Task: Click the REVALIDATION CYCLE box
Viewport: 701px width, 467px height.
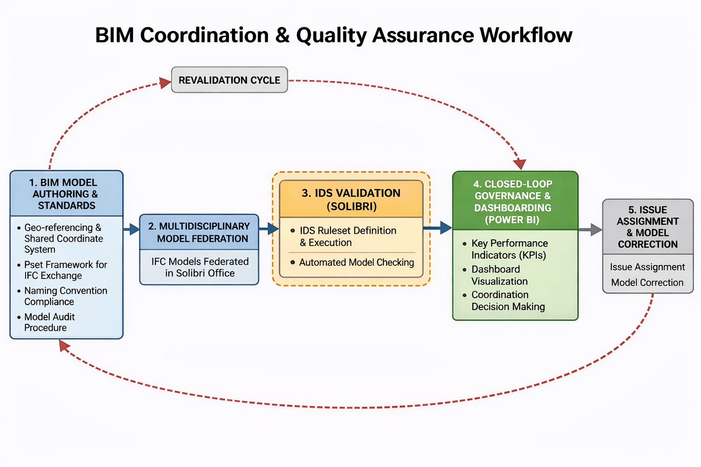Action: tap(229, 80)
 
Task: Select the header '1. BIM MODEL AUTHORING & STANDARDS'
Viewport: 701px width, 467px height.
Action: tap(66, 194)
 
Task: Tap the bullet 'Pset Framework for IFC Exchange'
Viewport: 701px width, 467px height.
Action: tap(66, 270)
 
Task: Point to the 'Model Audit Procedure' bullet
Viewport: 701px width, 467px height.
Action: tap(49, 322)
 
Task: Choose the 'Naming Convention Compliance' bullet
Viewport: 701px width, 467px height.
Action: tap(66, 296)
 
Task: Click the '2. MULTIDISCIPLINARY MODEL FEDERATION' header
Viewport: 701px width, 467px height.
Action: tap(199, 232)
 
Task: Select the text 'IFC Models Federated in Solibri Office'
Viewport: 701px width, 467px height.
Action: tap(200, 267)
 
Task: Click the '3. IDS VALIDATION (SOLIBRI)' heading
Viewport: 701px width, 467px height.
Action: tap(351, 199)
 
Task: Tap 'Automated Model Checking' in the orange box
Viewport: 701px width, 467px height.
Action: tap(356, 262)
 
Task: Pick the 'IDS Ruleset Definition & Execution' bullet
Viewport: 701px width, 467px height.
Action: tap(347, 236)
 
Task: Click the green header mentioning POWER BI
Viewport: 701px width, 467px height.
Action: tap(515, 202)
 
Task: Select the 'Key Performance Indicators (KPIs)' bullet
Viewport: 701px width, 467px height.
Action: tap(509, 249)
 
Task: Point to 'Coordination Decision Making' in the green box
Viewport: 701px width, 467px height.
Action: tap(507, 301)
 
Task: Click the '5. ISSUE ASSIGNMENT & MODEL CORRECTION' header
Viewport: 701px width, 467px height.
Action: tap(648, 227)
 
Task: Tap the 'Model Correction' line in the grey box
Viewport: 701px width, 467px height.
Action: tap(647, 282)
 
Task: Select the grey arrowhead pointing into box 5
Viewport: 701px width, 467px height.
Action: tap(596, 229)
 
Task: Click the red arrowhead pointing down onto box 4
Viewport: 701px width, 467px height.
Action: tap(520, 164)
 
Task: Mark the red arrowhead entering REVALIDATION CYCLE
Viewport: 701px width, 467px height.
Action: tap(165, 83)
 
